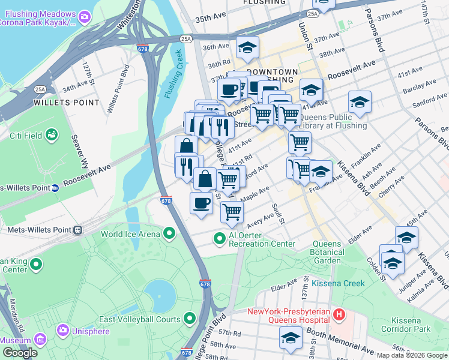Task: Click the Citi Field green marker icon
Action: point(52,135)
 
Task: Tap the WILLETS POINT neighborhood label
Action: point(67,103)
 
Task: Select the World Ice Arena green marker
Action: point(170,234)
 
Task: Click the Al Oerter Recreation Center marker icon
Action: point(220,239)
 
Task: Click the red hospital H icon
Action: point(339,314)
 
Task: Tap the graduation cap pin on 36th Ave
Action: point(247,48)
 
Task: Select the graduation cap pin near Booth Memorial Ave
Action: point(291,337)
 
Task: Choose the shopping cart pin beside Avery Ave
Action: point(232,211)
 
